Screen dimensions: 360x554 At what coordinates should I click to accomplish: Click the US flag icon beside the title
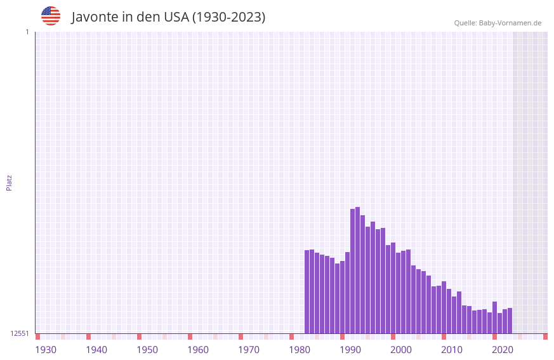[51, 16]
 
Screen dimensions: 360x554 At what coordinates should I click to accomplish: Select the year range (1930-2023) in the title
[228, 17]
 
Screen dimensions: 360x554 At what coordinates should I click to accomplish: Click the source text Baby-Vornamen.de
[510, 23]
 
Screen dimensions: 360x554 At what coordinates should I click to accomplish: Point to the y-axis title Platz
[9, 183]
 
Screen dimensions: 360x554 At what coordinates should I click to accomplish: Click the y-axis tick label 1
[27, 32]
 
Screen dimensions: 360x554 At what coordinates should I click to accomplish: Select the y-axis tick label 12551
[20, 333]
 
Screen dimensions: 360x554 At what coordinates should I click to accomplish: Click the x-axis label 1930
[46, 350]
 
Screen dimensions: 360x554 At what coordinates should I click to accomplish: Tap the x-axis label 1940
[96, 350]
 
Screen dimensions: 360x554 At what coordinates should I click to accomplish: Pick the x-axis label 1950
[147, 350]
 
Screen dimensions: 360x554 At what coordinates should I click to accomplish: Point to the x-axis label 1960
[198, 350]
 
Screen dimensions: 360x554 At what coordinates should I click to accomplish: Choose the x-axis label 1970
[249, 350]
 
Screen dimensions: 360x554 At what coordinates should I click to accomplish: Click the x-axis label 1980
[300, 350]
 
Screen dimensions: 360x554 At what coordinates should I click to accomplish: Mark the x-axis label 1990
[350, 350]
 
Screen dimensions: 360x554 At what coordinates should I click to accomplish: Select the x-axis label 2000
[401, 350]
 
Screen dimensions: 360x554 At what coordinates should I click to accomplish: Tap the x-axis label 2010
[452, 350]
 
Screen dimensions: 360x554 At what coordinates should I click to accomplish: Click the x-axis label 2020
[503, 350]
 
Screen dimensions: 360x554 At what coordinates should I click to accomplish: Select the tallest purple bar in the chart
[358, 270]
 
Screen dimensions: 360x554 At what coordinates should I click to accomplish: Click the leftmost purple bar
[307, 292]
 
